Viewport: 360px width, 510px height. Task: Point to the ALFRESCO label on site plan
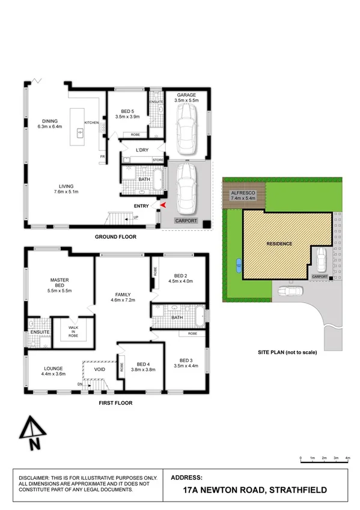[x=243, y=192]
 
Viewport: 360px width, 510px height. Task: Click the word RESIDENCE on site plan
[x=279, y=244]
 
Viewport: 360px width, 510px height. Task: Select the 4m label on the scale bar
[x=348, y=458]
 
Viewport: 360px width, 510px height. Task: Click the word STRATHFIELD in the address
[x=297, y=490]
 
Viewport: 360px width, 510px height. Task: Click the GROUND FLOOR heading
[x=115, y=237]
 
